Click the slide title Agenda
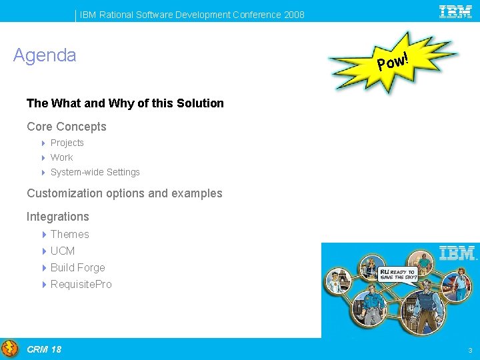45,55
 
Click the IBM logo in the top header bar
455,11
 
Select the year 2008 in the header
294,15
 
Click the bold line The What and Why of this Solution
125,103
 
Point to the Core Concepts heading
67,127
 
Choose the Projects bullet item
67,143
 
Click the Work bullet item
62,157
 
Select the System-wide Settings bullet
95,172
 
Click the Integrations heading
58,217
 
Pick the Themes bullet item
70,234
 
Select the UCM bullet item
63,251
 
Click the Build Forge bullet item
78,267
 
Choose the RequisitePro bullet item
81,284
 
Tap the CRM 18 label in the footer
44,349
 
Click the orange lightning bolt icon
10,349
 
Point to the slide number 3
470,351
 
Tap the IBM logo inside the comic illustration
458,253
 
